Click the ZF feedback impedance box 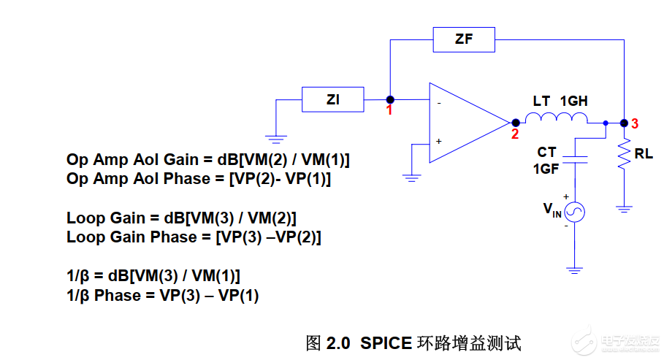coord(464,39)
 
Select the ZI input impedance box coord(333,99)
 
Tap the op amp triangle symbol coord(464,122)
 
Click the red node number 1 coord(389,111)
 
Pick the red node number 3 coord(635,124)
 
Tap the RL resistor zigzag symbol coord(624,155)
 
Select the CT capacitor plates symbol coord(577,159)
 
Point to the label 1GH coord(573,102)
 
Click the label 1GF coord(546,169)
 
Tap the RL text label coord(644,155)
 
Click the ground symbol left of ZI coord(275,137)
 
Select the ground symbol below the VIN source coord(576,269)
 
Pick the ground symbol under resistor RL coord(624,208)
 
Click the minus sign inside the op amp coord(439,103)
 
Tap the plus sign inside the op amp coord(439,140)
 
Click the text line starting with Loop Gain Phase coord(194,237)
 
